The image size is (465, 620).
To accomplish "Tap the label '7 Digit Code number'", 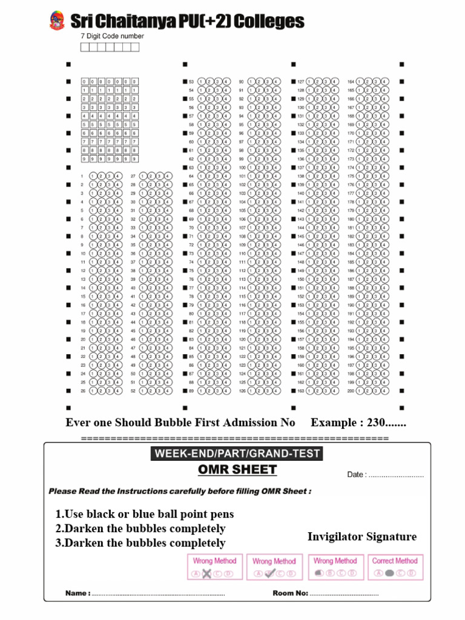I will pyautogui.click(x=113, y=36).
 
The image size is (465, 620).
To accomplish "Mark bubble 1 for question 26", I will pyautogui.click(x=93, y=391).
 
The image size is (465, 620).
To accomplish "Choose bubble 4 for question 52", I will pyautogui.click(x=168, y=391).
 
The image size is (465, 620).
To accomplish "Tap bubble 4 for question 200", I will pyautogui.click(x=384, y=391).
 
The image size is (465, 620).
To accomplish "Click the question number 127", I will pyautogui.click(x=300, y=81).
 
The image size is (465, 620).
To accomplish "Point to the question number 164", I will pyautogui.click(x=351, y=81).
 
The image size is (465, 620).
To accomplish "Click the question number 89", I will pyautogui.click(x=191, y=391).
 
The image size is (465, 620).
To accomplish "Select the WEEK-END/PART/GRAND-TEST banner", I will pyautogui.click(x=237, y=453).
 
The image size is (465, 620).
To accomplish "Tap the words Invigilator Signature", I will pyautogui.click(x=362, y=536).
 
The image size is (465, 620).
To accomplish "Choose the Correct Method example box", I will pyautogui.click(x=395, y=567).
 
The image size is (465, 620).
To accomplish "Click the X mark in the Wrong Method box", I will pyautogui.click(x=206, y=574).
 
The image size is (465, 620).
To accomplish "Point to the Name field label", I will pyautogui.click(x=78, y=593).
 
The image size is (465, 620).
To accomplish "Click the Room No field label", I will pyautogui.click(x=290, y=593).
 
